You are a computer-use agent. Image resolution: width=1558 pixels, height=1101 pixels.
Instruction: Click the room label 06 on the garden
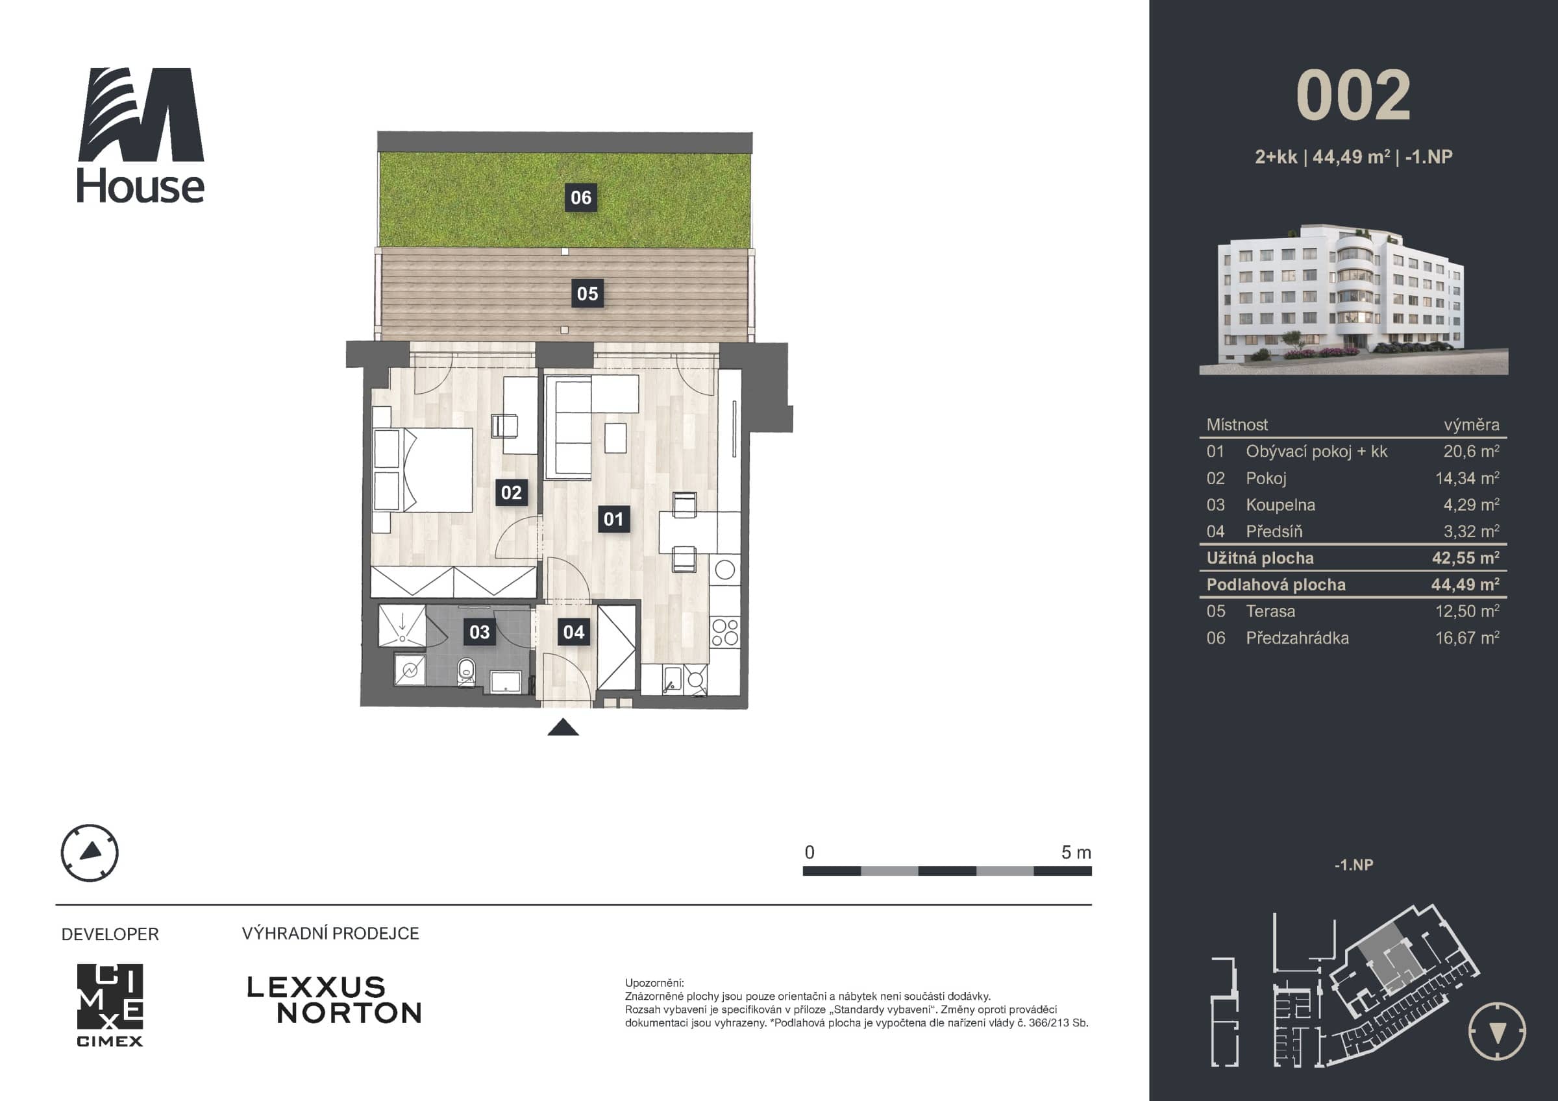coord(581,197)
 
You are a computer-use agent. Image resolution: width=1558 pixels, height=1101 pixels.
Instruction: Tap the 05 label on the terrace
coord(587,294)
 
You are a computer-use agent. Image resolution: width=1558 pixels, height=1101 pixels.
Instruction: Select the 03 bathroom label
coord(480,632)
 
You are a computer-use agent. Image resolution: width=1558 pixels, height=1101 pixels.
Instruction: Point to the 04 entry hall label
coord(573,632)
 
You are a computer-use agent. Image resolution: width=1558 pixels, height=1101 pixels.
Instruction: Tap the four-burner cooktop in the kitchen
coord(724,632)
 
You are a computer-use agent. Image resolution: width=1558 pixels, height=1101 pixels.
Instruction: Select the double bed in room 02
coord(423,470)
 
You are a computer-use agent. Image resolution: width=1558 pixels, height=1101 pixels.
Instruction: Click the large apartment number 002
coord(1353,95)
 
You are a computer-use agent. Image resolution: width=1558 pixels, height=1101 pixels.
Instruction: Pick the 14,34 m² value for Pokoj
coord(1467,478)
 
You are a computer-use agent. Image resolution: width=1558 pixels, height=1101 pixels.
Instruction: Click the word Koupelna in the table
coord(1280,505)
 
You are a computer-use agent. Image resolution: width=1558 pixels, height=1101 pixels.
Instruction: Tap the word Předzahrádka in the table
coord(1298,638)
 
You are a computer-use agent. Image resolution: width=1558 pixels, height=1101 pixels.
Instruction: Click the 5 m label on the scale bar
coord(1076,853)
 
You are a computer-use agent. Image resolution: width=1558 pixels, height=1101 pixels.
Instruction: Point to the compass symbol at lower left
coord(90,853)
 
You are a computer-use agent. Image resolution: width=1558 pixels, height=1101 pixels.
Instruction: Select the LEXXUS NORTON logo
coord(334,1000)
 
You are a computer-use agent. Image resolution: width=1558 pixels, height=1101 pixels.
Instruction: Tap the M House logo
coord(141,135)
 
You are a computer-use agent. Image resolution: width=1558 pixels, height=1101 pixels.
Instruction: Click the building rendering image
coord(1354,298)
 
